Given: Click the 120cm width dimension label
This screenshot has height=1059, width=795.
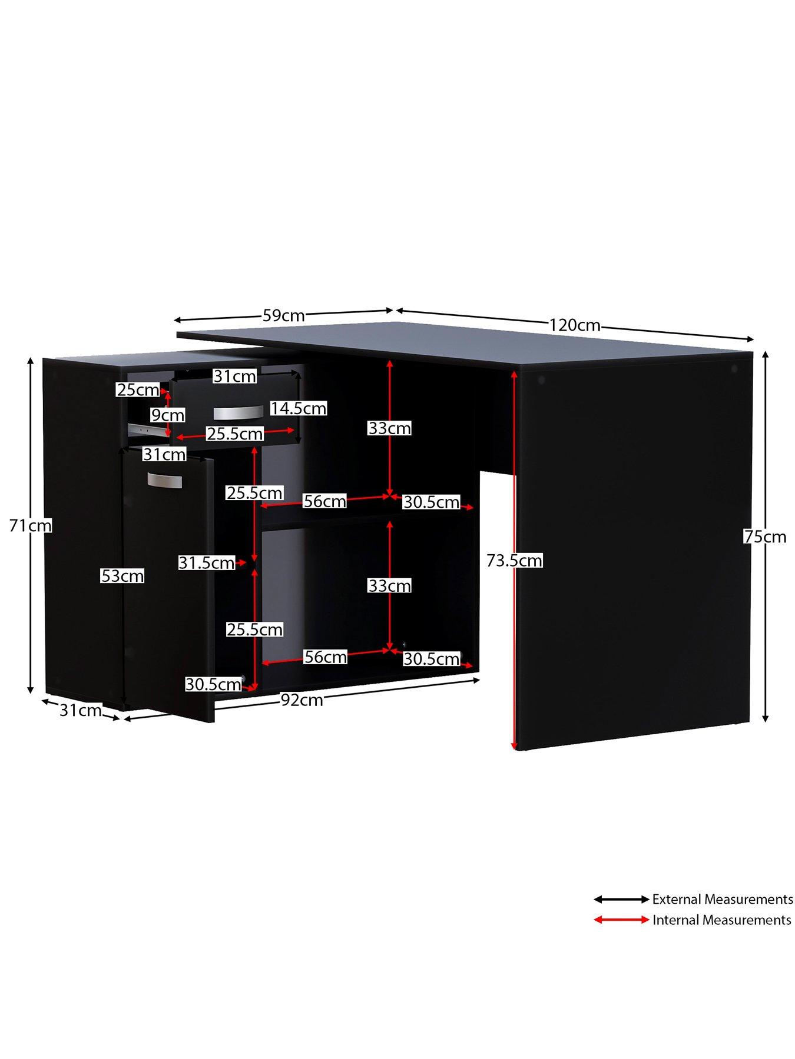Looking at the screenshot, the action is pos(575,325).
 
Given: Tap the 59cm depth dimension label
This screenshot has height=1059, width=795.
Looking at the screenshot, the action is pos(283,316).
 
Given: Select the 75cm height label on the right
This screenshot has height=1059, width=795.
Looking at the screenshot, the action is pos(765,537).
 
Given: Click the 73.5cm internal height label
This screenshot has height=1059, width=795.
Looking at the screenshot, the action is pos(514,561).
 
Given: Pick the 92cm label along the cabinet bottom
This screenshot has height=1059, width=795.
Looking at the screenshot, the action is pos(302,700).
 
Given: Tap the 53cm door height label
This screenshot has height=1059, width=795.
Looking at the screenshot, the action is pos(122,576).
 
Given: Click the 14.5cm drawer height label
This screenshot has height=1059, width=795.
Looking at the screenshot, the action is pos(299,408).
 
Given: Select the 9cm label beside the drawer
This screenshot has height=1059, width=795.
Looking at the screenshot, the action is pos(168,415).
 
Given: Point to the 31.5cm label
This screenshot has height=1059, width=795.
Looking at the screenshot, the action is pos(207,563).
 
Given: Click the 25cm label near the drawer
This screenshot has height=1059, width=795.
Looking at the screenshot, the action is pos(138,389).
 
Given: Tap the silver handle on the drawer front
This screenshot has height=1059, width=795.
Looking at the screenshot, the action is pos(238,412).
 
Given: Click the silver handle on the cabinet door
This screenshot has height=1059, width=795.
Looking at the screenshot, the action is pos(165,480).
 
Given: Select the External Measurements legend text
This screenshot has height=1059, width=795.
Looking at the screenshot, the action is pos(723,900).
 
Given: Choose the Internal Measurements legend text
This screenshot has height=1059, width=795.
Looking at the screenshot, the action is pos(721,920).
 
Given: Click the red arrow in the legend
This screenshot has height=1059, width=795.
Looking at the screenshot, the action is pos(621,920).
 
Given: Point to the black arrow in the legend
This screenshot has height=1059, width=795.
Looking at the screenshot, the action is pos(621,900).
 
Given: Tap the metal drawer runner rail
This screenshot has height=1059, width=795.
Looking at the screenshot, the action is pos(146,429).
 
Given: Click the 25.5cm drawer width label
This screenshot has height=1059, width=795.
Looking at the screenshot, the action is pos(234,434).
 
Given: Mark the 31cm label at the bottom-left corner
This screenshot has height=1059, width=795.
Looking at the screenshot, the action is pos(81,711).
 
